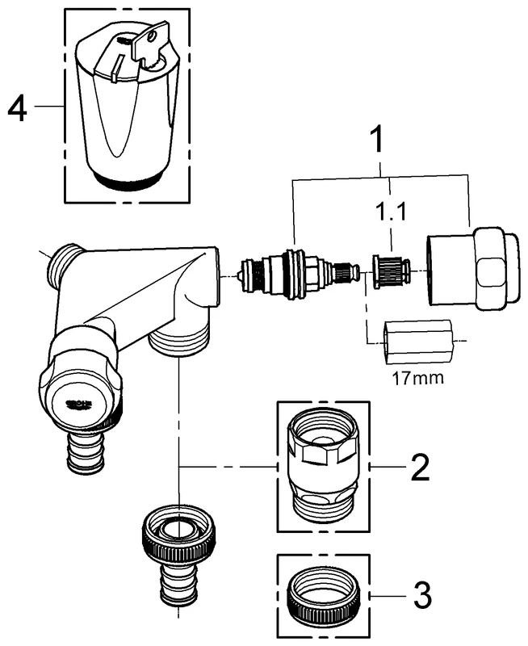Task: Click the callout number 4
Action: (x=18, y=108)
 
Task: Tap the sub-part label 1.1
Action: (x=392, y=214)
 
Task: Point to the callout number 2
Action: (x=419, y=467)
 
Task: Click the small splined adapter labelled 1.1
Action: (x=391, y=268)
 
